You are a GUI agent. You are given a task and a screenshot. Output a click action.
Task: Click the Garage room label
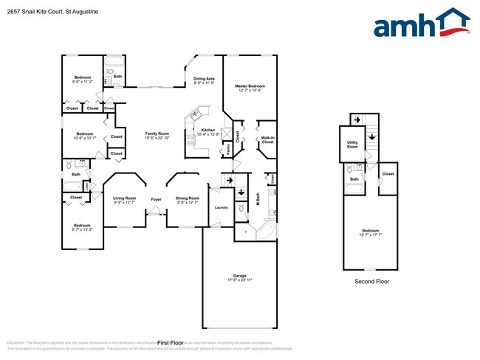click(239, 277)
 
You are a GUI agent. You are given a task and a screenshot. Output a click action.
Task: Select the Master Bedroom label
click(250, 86)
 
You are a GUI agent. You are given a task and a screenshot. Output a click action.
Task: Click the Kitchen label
click(208, 130)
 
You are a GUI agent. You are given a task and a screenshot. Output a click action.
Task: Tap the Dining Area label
click(204, 79)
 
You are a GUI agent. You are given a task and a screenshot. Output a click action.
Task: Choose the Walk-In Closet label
click(267, 139)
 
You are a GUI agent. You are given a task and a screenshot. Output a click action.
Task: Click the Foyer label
click(157, 198)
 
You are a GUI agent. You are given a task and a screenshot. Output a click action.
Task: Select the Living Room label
click(124, 198)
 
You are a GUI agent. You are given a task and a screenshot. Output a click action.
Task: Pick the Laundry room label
click(221, 208)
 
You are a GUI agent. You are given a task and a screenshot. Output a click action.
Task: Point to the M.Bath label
click(258, 198)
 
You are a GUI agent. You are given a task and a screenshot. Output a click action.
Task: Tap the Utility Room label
click(353, 145)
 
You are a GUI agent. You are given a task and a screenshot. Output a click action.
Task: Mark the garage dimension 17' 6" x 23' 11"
click(239, 281)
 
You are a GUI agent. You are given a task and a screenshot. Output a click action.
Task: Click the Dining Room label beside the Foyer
click(188, 198)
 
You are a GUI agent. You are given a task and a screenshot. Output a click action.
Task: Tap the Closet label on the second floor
click(388, 174)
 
